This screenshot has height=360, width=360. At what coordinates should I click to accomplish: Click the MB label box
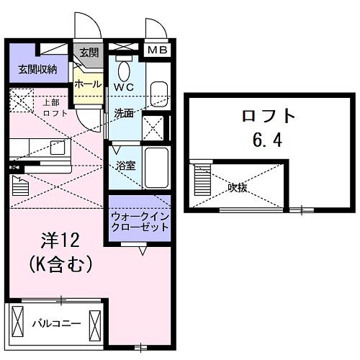(x=157, y=50)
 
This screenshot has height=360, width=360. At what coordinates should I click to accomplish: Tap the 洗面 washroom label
(x=124, y=113)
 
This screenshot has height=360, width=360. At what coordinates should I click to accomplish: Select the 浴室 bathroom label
(x=126, y=165)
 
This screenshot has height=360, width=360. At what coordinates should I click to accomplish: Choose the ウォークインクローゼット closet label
(x=140, y=221)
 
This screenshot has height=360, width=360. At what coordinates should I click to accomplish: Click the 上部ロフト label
(x=53, y=107)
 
